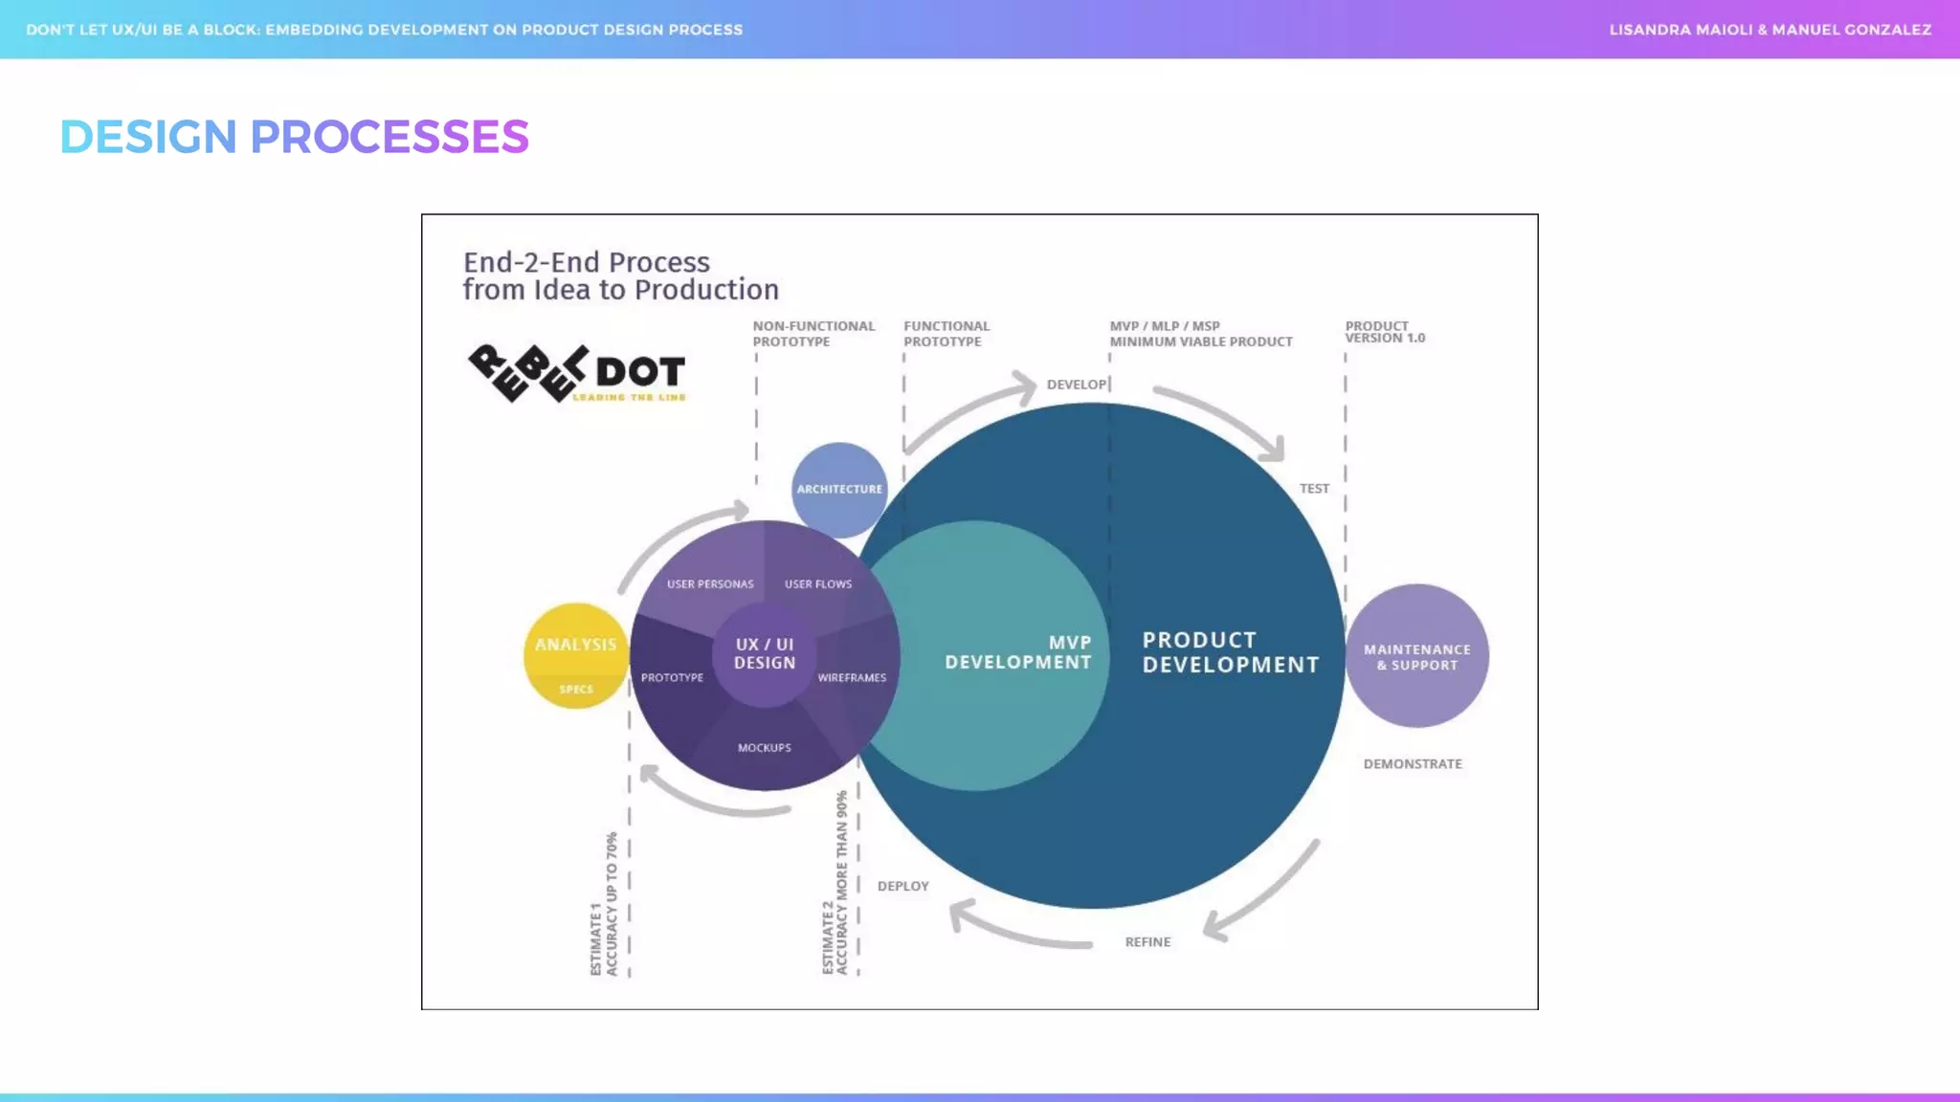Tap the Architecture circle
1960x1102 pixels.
839,489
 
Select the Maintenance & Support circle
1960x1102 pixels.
1416,656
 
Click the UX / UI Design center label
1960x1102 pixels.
765,653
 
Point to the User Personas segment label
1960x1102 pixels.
710,584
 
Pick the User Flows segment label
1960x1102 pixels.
818,584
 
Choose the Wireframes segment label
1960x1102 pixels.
852,677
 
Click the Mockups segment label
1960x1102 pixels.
765,747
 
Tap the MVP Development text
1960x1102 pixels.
1017,652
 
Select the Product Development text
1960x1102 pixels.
1230,652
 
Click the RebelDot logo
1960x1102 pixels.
576,373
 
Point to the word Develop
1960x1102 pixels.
1076,385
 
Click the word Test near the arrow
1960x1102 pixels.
1314,488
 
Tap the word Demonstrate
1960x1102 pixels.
1413,763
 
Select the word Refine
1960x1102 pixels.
1147,942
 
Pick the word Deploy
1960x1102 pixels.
902,886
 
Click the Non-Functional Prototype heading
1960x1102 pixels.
813,334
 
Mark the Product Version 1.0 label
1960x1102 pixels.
1384,332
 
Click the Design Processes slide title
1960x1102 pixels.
294,137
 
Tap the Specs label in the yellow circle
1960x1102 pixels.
576,689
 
